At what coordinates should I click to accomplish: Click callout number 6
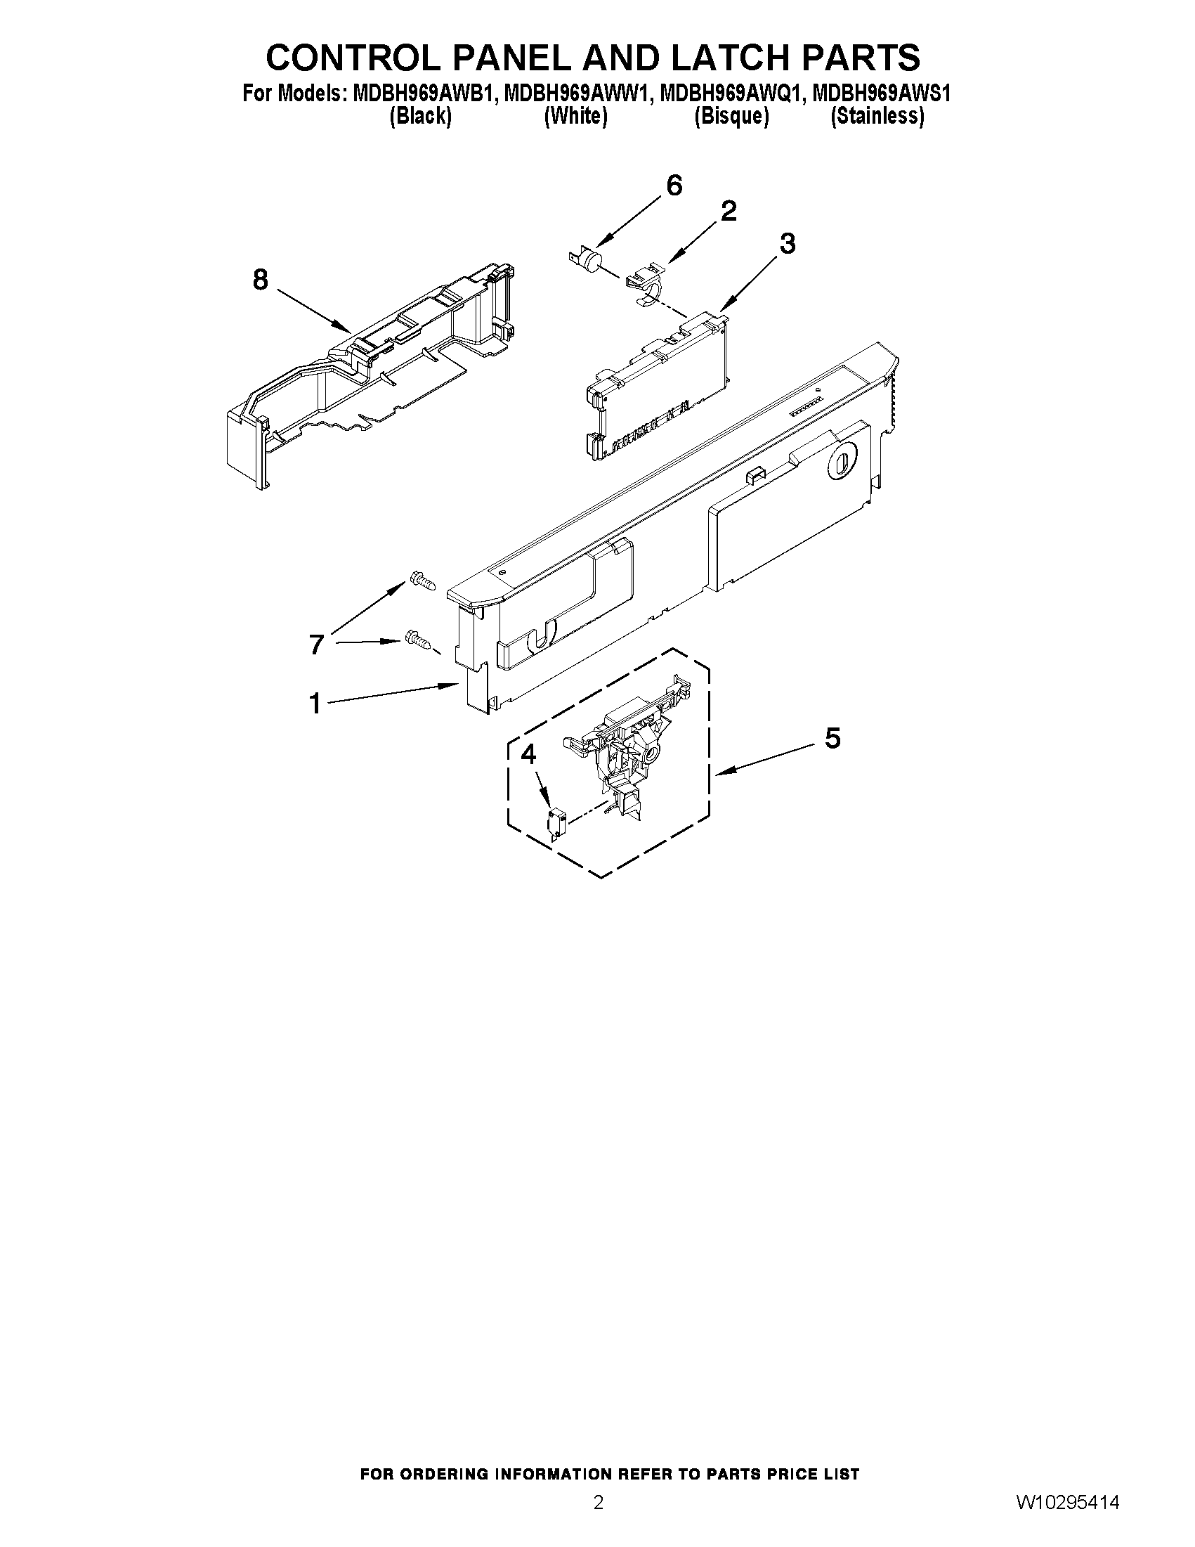pos(674,186)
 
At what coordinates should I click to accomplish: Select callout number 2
pos(729,210)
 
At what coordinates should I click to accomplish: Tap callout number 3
pos(788,244)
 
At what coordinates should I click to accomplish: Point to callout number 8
pos(261,280)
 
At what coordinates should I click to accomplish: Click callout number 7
pos(316,645)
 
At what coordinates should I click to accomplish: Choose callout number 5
pos(832,738)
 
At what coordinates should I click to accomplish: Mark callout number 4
pos(528,755)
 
